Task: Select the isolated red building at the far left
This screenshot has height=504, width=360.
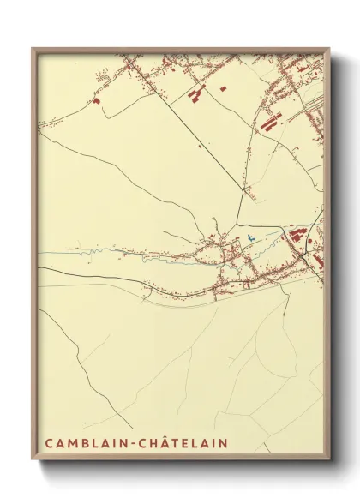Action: tap(97, 101)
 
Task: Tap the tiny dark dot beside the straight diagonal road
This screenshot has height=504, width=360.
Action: tap(200, 146)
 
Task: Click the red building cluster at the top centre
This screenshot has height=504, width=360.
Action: tap(197, 93)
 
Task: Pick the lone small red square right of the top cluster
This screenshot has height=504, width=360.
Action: tap(223, 87)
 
